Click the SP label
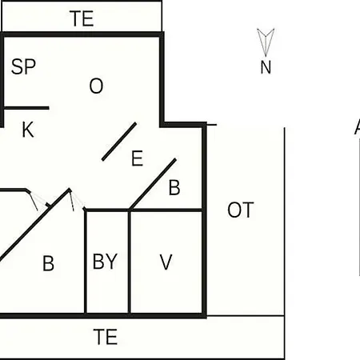coord(23,66)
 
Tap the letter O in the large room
coord(96,86)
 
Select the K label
coord(28,130)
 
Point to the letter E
coord(137,158)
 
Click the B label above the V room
coord(174,187)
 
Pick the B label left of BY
coord(48,263)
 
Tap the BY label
coord(105,262)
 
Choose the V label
coord(166,262)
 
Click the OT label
coord(240,210)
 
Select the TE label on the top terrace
coord(82,18)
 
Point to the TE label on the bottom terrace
coord(106,337)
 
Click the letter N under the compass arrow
coord(266,67)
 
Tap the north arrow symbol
coord(266,42)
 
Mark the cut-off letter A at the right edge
coord(358,127)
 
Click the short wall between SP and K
coord(26,108)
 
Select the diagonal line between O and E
coord(119,142)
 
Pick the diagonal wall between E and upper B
coord(153,184)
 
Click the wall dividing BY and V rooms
coord(130,262)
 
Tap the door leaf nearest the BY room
coord(71,200)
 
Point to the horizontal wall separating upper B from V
coord(166,210)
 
